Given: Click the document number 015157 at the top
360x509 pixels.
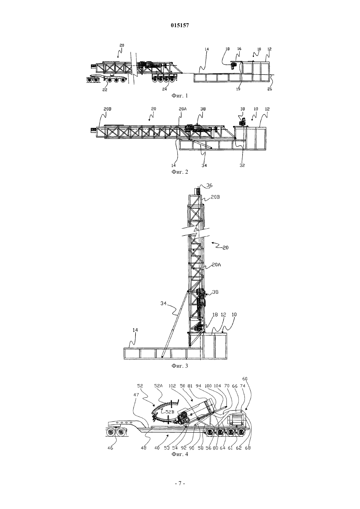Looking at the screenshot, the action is coord(180,26).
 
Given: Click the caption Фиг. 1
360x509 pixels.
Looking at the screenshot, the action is coord(180,96).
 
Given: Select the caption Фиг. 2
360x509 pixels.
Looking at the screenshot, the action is coord(180,172).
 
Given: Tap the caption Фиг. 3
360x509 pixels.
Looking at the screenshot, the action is coord(180,366).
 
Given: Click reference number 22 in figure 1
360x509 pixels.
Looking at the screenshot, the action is coord(105,90).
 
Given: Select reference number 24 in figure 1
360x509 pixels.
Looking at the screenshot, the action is coord(165,89).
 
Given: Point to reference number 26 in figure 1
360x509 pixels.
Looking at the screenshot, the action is coord(270,89).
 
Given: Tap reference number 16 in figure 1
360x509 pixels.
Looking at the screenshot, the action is coord(239,49).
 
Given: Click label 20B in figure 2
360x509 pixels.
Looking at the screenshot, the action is coord(107,109).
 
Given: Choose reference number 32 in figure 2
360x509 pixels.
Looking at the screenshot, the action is coord(242,166).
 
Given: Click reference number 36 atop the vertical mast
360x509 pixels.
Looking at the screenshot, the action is coord(209,185).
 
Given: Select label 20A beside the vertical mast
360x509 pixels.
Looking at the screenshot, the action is coord(216,265).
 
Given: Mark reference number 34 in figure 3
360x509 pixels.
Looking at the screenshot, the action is coord(164,303).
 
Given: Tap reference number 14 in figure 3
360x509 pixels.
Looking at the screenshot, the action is coord(135,330).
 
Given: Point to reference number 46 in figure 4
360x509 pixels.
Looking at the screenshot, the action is coord(110,448).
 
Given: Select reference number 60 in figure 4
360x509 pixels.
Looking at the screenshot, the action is coord(245,378).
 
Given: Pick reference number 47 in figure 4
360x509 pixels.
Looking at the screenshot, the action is coord(136,395).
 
